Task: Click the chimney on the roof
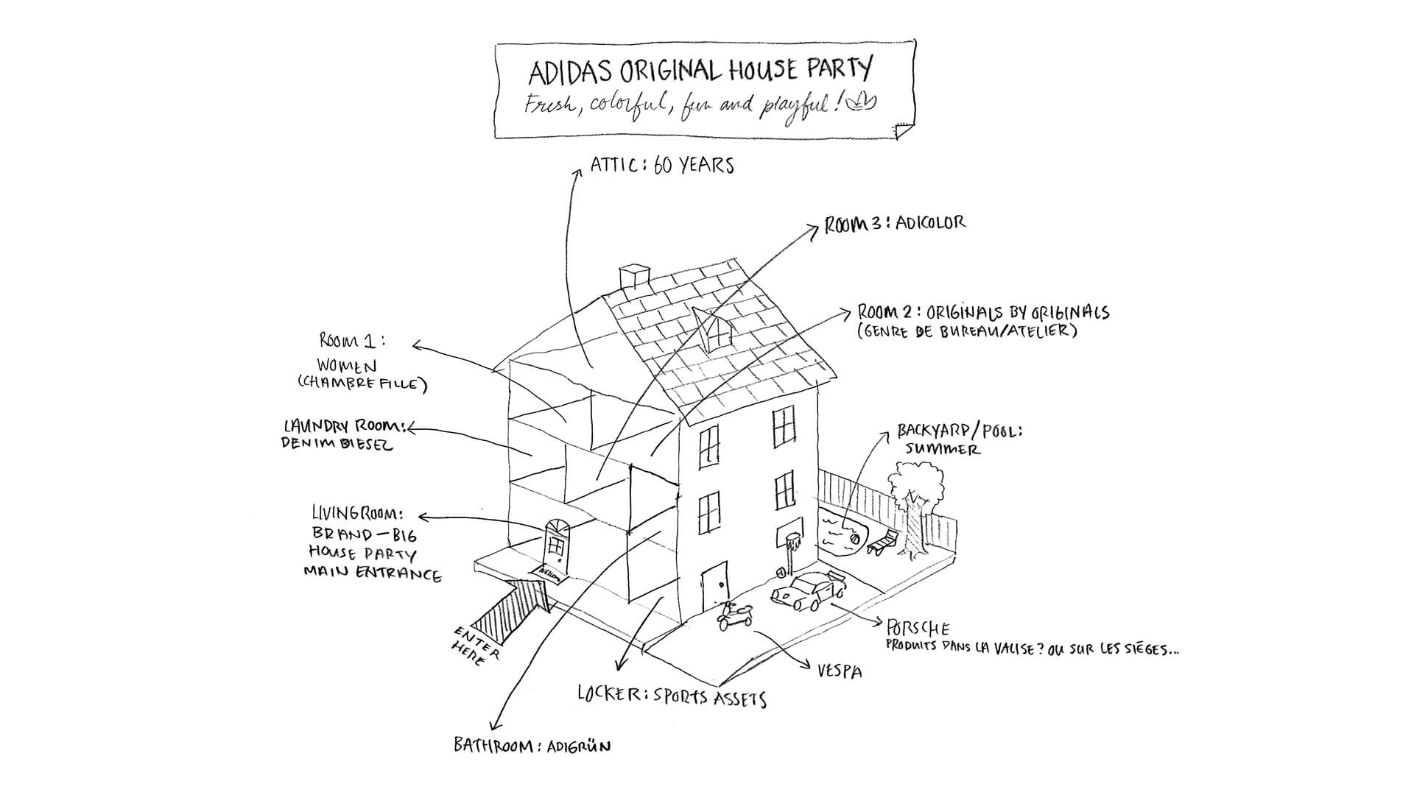pyautogui.click(x=633, y=279)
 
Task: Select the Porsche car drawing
pyautogui.click(x=808, y=590)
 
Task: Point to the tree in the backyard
pyautogui.click(x=913, y=501)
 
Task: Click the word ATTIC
pyautogui.click(x=613, y=165)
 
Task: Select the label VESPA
pyautogui.click(x=840, y=671)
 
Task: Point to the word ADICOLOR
pyautogui.click(x=931, y=222)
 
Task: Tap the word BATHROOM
pyautogui.click(x=493, y=745)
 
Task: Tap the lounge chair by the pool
pyautogui.click(x=882, y=542)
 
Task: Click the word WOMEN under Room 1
pyautogui.click(x=347, y=365)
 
